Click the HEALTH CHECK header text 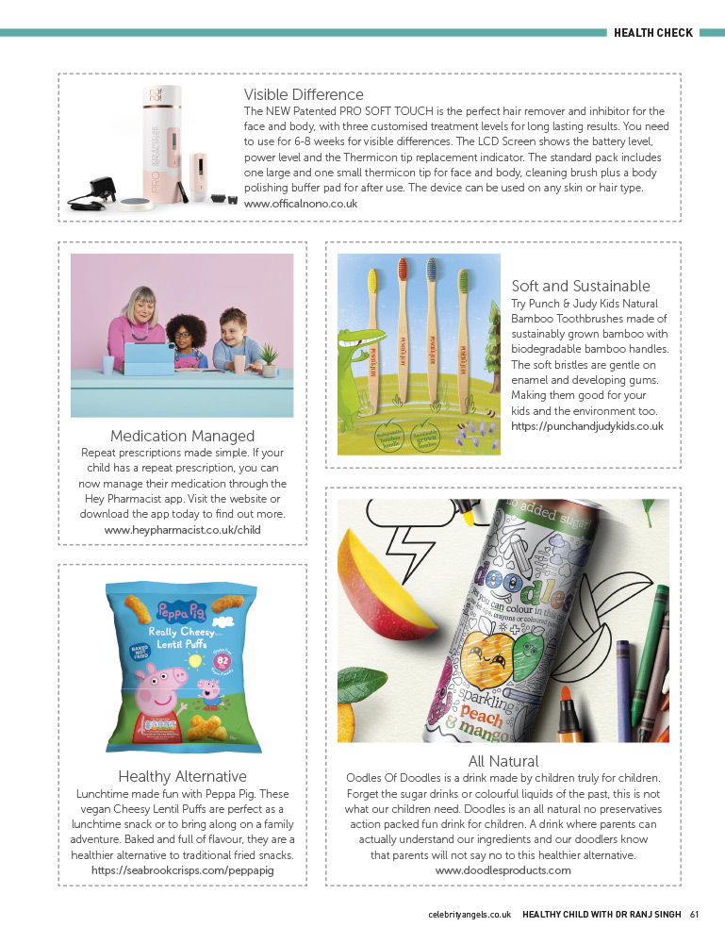coord(652,33)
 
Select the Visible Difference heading coord(304,94)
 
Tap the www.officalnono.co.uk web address coord(301,204)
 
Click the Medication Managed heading coord(182,436)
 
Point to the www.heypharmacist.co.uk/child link coord(182,530)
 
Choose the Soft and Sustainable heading coord(581,286)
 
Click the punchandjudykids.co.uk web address coord(587,426)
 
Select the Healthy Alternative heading coord(182,776)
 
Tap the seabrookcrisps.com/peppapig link coord(182,870)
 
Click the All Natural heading coord(503,760)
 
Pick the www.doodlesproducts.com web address coord(503,870)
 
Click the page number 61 coord(694,914)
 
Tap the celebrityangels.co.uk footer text coord(470,914)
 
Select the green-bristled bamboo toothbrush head coord(463,274)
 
